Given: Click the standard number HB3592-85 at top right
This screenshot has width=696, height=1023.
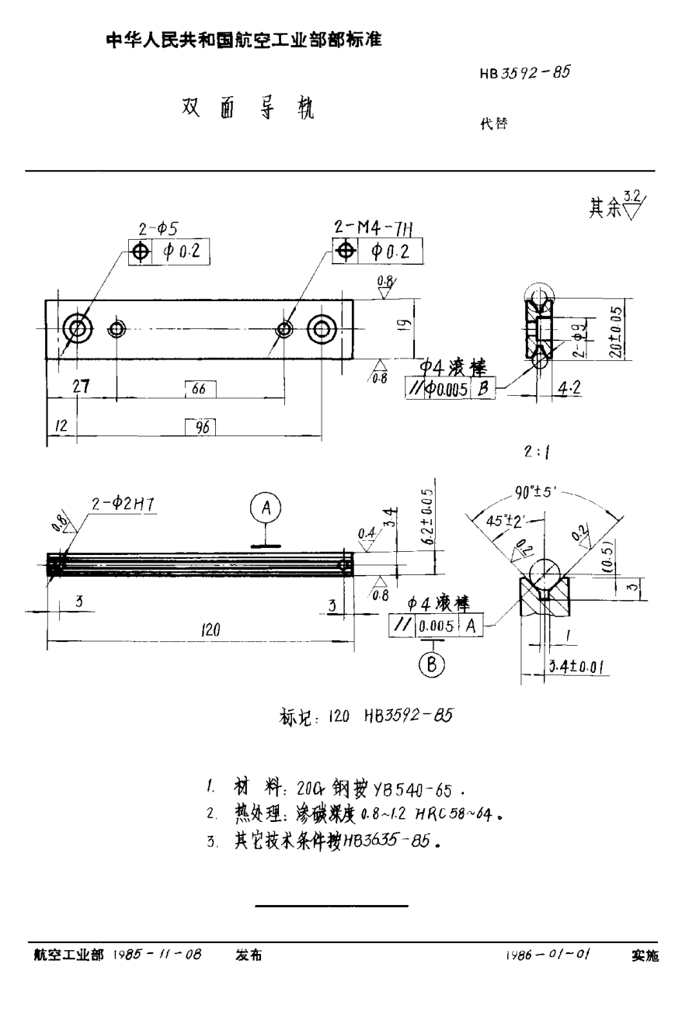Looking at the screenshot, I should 525,73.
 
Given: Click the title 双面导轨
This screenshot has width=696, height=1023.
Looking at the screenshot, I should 248,109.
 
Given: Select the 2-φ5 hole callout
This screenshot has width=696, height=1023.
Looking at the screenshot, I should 159,229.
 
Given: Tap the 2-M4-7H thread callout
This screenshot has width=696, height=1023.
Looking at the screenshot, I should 373,227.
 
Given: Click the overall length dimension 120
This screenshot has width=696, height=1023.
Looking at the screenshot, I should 211,631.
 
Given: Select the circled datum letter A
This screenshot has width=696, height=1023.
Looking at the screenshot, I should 266,509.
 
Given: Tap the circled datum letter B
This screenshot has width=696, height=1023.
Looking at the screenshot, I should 431,664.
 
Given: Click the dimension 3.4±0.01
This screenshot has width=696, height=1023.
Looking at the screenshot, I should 576,666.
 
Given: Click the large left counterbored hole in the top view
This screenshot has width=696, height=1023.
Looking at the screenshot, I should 78,329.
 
